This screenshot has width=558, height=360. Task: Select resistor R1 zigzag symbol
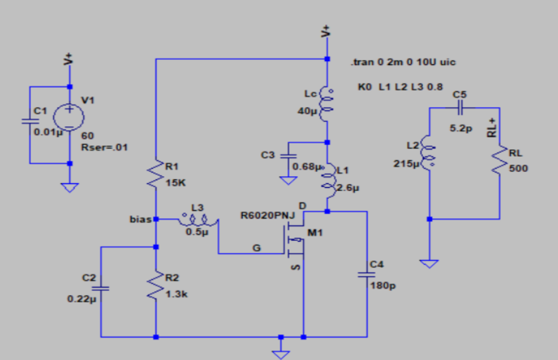[x=156, y=175]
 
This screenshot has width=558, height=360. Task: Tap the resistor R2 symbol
[x=156, y=285]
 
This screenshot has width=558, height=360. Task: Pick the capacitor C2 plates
[x=101, y=288]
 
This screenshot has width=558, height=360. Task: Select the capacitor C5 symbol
[x=460, y=108]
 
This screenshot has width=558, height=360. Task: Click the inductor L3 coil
[x=198, y=220]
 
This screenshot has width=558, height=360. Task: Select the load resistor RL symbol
[x=499, y=160]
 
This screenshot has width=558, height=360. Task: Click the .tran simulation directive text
[x=403, y=62]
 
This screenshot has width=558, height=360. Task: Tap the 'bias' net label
[x=140, y=220]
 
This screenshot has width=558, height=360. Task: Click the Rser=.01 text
[x=104, y=147]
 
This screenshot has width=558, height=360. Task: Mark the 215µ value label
[x=404, y=164]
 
